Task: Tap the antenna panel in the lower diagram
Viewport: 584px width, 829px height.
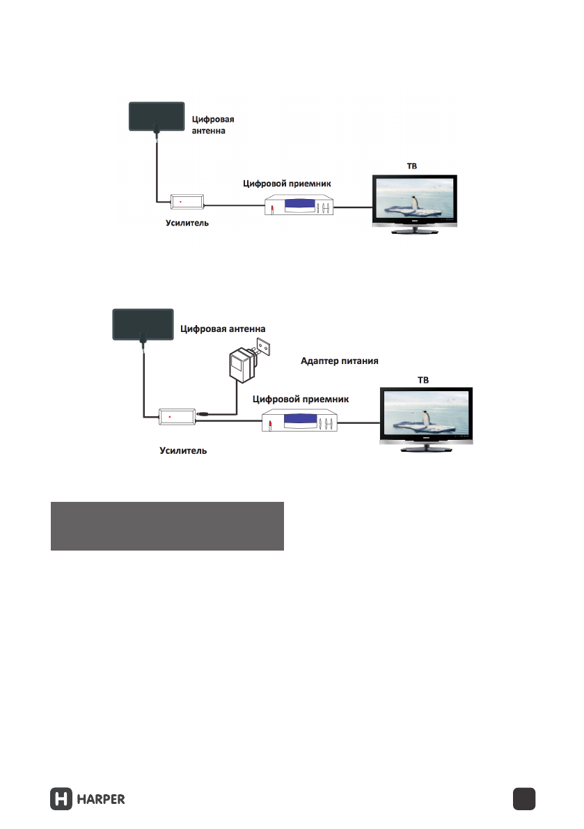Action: [x=142, y=325]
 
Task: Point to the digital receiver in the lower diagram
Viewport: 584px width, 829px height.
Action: [x=300, y=422]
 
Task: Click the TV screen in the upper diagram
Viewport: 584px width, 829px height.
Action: [x=414, y=199]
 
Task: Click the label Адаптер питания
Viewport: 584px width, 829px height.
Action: [x=339, y=361]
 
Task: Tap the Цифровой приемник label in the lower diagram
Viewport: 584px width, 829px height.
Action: [x=299, y=399]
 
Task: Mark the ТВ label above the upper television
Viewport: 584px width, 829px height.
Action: [x=412, y=166]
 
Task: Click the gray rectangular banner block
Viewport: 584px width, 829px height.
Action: [x=167, y=526]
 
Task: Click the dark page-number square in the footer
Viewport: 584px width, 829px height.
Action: [x=523, y=799]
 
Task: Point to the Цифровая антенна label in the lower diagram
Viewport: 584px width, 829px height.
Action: [x=223, y=329]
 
